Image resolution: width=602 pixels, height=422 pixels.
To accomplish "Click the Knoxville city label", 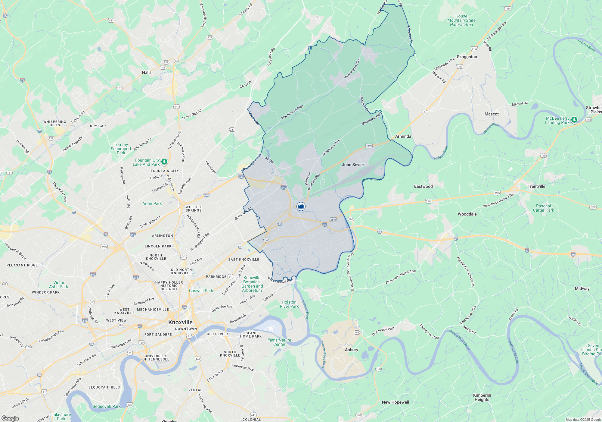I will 180,322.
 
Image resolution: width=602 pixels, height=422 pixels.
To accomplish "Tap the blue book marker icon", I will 301,206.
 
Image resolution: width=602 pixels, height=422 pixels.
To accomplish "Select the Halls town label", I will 147,72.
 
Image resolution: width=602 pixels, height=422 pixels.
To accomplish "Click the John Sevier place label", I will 353,165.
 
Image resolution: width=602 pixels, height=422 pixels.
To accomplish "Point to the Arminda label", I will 403,136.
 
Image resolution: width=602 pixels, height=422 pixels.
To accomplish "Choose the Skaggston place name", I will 467,57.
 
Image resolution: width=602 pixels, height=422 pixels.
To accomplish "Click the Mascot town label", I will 492,114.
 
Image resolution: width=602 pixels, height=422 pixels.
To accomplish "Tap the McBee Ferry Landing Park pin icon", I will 574,120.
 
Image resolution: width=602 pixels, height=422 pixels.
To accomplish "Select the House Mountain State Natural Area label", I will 461,20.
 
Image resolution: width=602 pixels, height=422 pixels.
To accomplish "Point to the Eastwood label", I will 423,186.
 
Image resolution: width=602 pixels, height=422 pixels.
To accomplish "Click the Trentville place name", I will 536,186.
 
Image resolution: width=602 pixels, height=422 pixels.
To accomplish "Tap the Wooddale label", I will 467,214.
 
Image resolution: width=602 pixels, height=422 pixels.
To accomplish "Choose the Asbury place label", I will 352,350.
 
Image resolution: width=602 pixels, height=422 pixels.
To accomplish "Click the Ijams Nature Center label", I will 279,342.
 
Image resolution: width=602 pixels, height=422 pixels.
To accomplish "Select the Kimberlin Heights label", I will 482,397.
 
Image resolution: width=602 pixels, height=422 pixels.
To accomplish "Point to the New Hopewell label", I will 396,402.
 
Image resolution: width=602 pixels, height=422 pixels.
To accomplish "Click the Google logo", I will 10,418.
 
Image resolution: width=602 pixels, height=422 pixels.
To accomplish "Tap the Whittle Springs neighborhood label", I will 194,209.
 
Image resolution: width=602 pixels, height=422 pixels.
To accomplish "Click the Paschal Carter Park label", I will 543,208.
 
